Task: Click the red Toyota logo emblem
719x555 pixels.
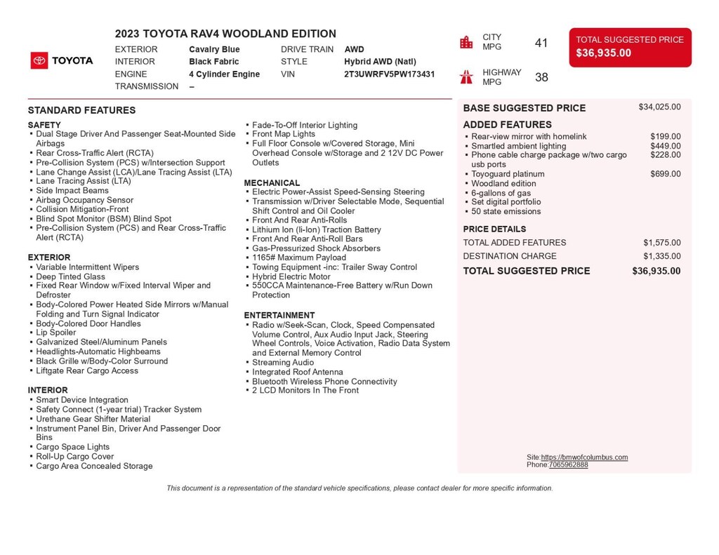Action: tap(39, 61)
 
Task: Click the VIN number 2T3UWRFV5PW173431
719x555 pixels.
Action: tap(389, 74)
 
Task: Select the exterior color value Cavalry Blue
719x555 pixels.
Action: tap(214, 50)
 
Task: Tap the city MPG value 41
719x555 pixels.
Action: tap(541, 44)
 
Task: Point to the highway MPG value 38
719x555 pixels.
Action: tap(541, 77)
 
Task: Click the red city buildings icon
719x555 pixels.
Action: tap(466, 42)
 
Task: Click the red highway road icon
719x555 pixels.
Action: tap(466, 76)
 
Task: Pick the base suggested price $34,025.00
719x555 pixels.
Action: tap(659, 107)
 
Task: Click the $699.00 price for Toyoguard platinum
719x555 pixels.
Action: tap(665, 174)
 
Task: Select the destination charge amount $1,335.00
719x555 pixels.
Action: tap(661, 256)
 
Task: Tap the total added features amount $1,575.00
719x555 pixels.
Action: tap(661, 243)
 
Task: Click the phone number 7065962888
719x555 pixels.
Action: tap(569, 465)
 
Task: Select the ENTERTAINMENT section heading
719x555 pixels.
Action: tap(279, 316)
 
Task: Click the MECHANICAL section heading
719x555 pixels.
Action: tap(272, 183)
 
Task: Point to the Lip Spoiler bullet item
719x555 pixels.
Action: tap(56, 333)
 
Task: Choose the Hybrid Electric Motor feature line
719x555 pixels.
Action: tap(291, 276)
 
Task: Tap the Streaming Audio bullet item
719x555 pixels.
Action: tap(283, 363)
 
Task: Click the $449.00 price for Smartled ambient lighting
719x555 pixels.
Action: tap(665, 146)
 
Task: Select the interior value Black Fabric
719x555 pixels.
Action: tap(213, 62)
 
